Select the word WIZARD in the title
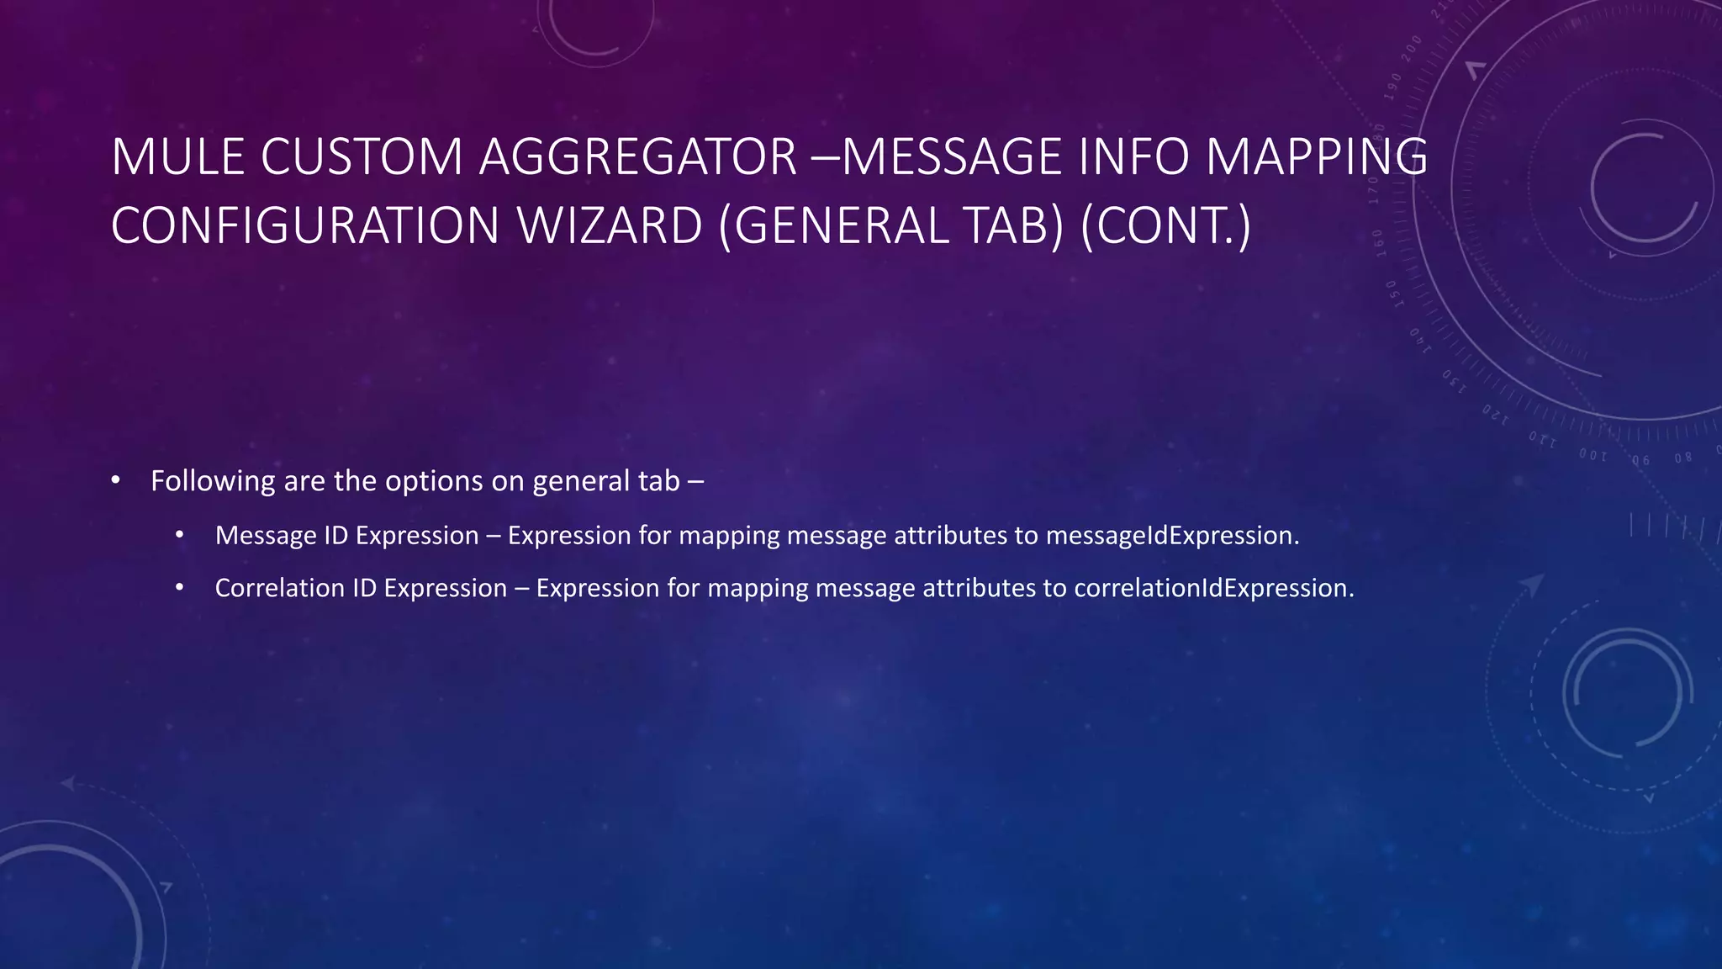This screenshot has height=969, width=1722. [610, 226]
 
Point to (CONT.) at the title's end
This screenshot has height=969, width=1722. [1166, 226]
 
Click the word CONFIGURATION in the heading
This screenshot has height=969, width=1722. [305, 226]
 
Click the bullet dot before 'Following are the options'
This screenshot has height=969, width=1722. [115, 481]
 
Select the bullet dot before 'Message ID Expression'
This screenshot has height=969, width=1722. [179, 536]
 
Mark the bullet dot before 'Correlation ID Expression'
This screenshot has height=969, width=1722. [179, 588]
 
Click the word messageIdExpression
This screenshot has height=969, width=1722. [1172, 536]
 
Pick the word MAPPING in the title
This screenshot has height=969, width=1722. [1317, 157]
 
